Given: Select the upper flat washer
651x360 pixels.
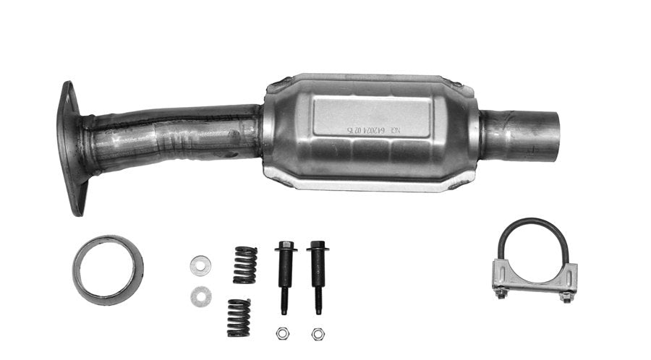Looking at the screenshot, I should pos(200,265).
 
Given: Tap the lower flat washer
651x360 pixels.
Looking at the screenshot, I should pos(200,296).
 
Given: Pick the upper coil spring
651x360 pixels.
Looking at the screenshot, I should pos(245,265).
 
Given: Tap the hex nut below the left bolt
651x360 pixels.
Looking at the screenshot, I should pos(283,333).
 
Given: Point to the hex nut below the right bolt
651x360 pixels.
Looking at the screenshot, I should pos(317,333).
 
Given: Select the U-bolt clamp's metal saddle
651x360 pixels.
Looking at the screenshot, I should pos(535,277).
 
